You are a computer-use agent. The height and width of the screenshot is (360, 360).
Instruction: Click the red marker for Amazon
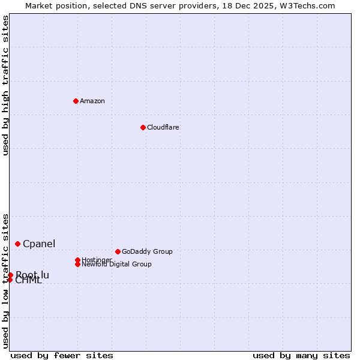coord(76,101)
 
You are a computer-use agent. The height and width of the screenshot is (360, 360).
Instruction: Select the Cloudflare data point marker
coord(143,127)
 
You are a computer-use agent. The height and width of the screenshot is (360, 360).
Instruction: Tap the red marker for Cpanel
coord(18,244)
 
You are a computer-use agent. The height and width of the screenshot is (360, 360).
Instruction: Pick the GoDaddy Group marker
coord(118,251)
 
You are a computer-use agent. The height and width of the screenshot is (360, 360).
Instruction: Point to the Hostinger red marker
coord(77,260)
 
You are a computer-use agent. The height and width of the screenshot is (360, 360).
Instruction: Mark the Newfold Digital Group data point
coord(77,264)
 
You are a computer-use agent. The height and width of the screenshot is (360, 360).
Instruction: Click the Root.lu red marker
coord(10,275)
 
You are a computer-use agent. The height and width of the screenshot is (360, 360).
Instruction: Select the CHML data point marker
coord(10,280)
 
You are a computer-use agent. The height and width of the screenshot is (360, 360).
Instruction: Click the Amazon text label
coord(92,101)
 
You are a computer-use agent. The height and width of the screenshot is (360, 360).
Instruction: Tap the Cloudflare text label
coord(163,127)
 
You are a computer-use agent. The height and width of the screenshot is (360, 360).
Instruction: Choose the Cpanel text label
coord(39,244)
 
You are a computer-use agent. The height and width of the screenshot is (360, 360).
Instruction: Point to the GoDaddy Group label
coord(147,251)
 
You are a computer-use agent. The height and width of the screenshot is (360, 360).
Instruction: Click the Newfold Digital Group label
coord(117,264)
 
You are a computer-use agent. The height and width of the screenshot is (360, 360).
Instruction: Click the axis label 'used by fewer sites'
coord(62,355)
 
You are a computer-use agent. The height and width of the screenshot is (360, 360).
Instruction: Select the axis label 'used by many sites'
coord(301,355)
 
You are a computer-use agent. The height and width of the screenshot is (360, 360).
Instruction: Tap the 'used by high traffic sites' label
coord(5,86)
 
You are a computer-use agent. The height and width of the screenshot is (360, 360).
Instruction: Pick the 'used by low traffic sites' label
coord(5,280)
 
